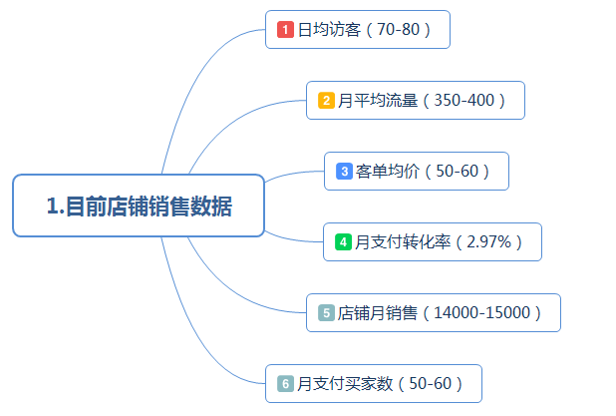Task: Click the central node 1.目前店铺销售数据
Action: (139, 207)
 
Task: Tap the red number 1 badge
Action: (285, 30)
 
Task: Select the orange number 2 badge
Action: (326, 101)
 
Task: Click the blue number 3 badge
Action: (344, 172)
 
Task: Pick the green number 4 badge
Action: (343, 241)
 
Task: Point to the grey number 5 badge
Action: (326, 313)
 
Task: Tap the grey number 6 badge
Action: (285, 384)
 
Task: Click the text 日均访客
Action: (329, 30)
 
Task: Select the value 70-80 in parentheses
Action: (399, 30)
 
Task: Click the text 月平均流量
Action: (378, 101)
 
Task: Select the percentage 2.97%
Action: (489, 241)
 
